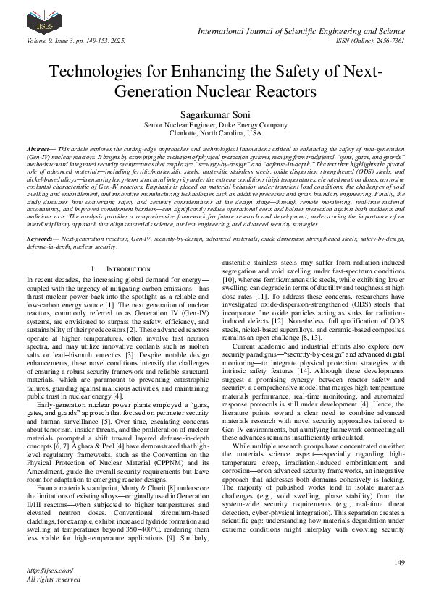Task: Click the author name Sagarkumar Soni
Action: [215, 114]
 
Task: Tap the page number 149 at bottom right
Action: [398, 563]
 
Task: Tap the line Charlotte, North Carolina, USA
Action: [215, 133]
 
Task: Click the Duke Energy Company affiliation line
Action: [215, 124]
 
